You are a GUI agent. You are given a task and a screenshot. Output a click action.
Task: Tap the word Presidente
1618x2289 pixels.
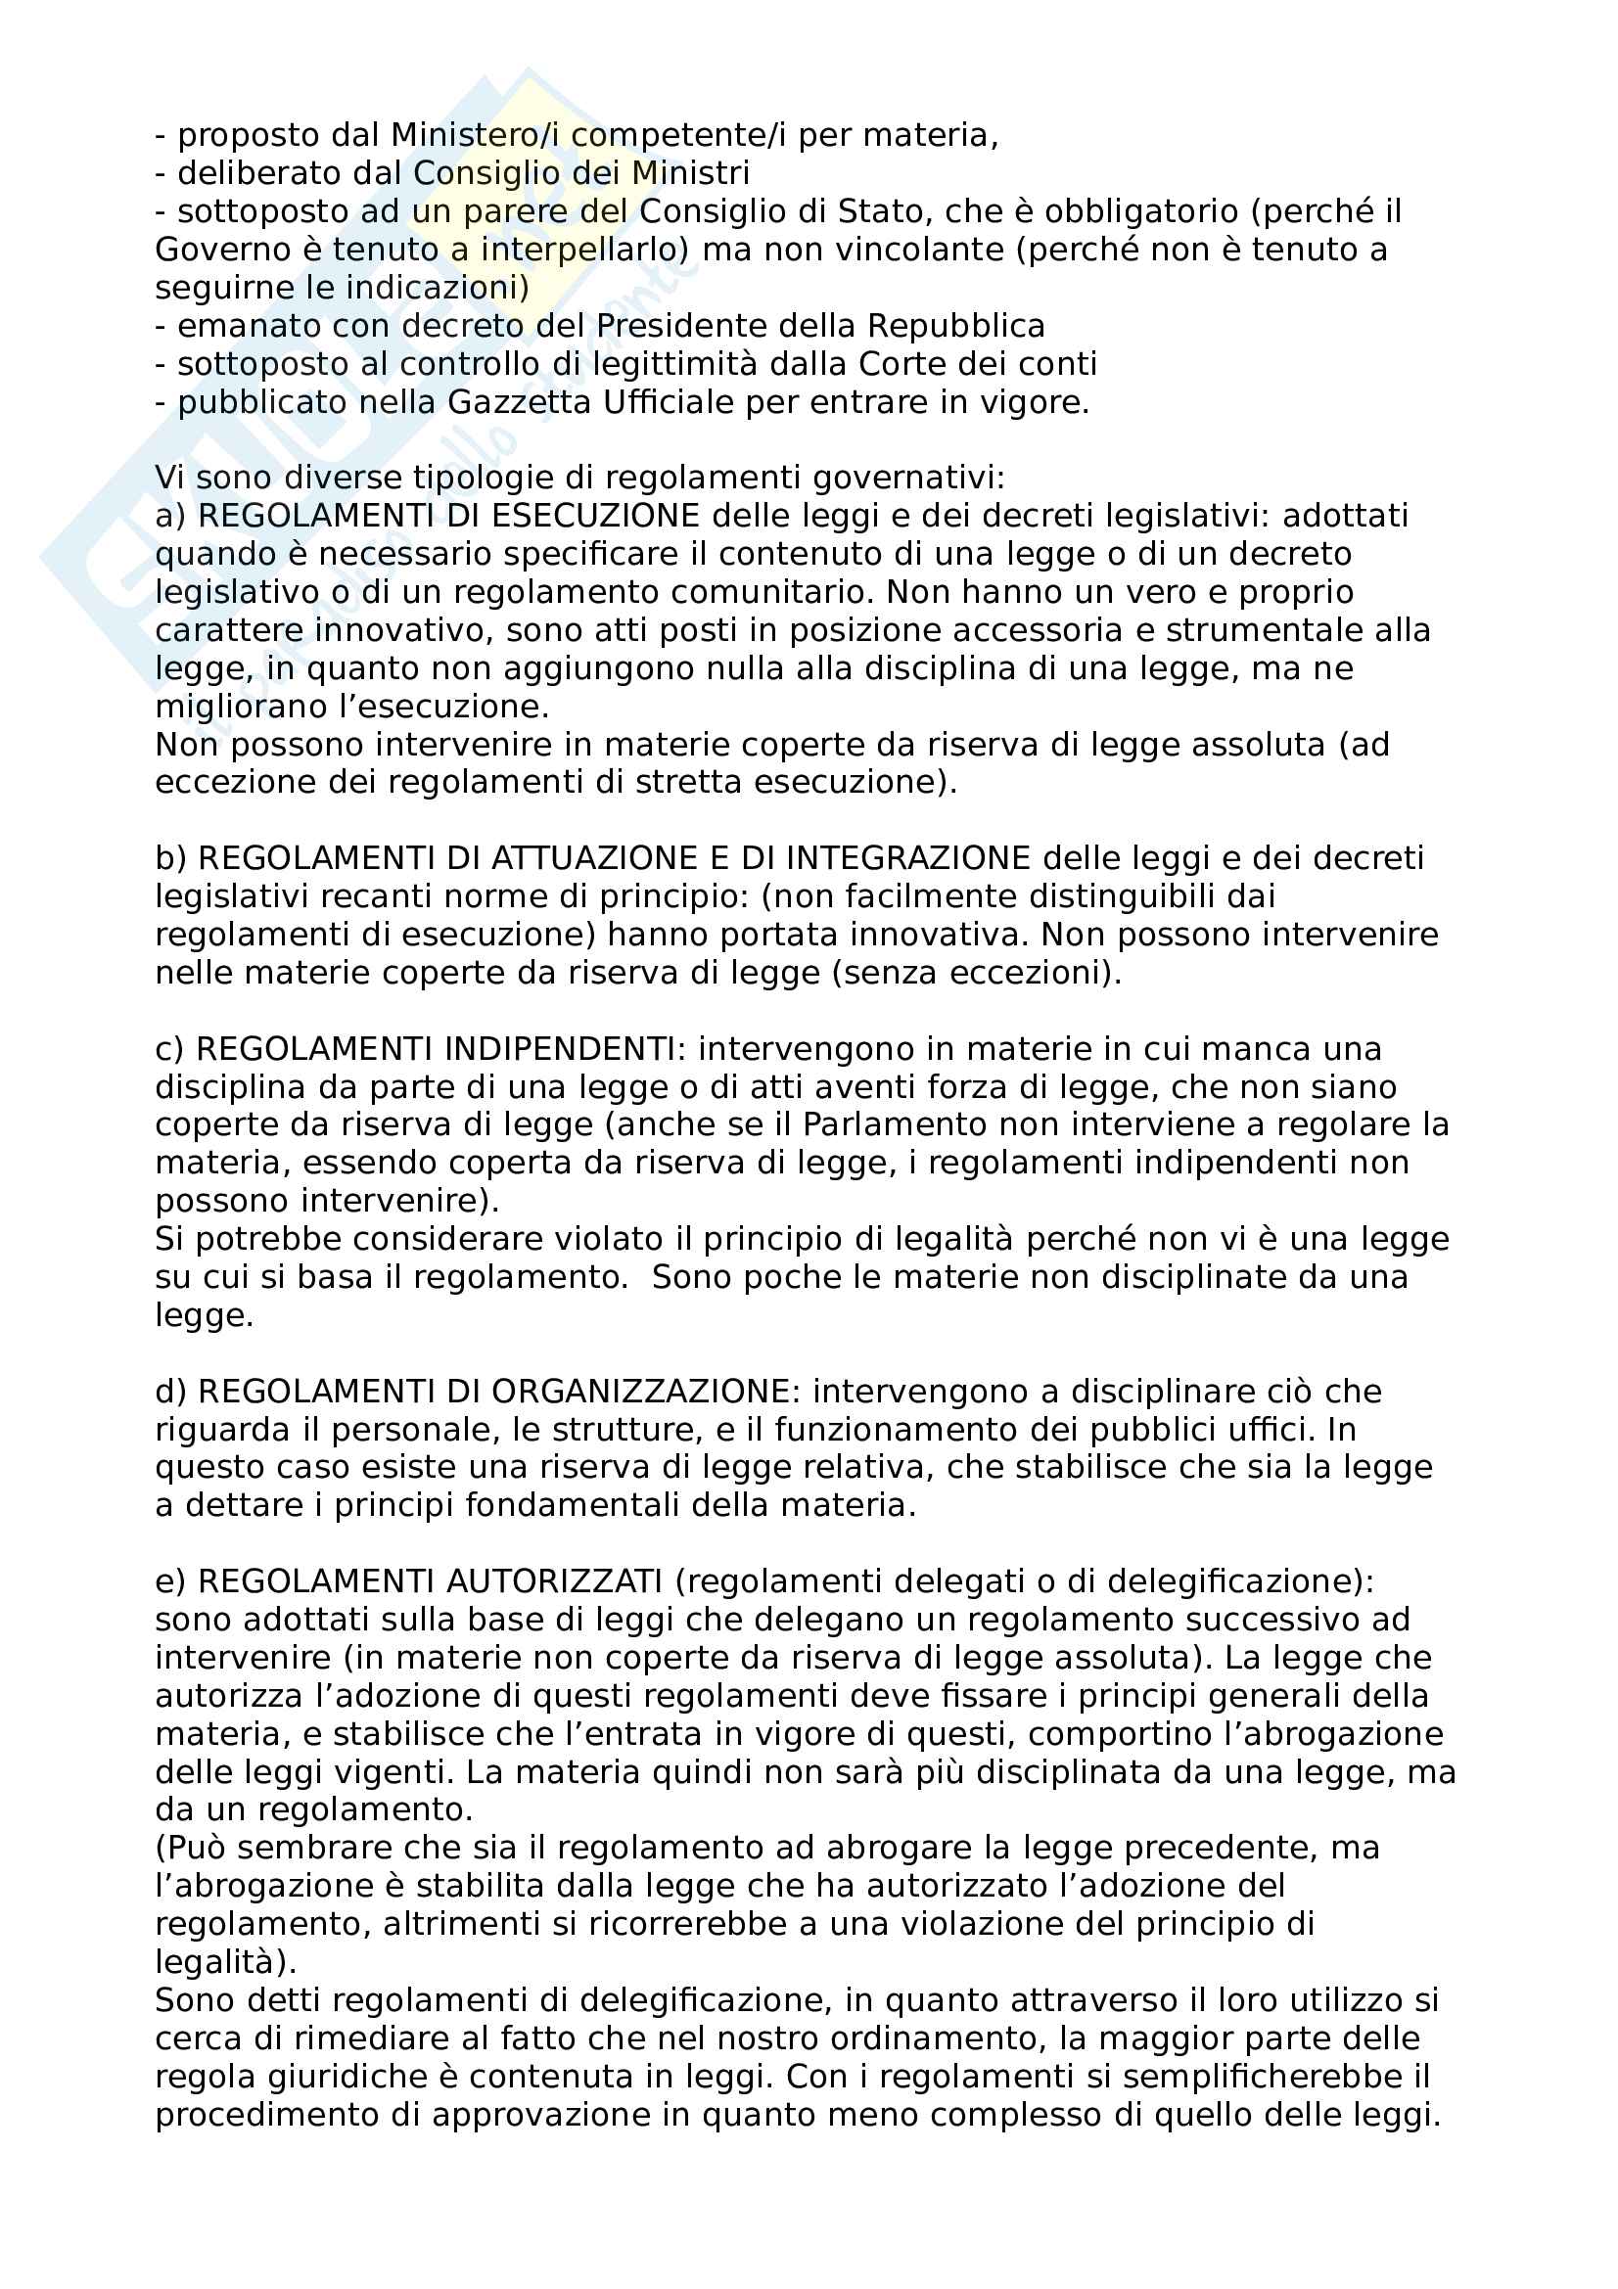click(x=724, y=326)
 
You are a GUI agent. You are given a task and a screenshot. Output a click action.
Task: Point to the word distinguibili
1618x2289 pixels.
click(x=1128, y=897)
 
